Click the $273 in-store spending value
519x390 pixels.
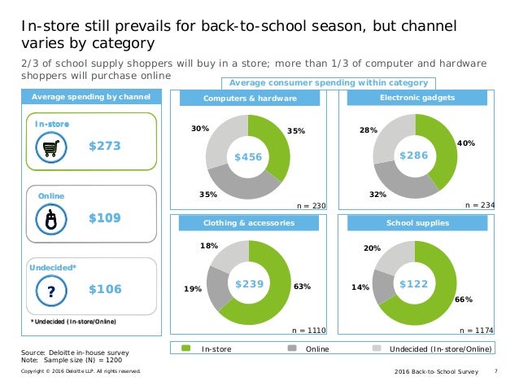pos(104,147)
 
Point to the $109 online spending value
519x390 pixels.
pos(104,218)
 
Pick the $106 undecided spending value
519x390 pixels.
pos(104,290)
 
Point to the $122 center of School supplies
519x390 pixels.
pos(413,283)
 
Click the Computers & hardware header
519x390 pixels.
pos(248,99)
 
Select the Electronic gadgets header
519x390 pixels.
pos(416,99)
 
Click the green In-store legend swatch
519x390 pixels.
pos(185,348)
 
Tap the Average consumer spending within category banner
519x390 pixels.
pos(328,83)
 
